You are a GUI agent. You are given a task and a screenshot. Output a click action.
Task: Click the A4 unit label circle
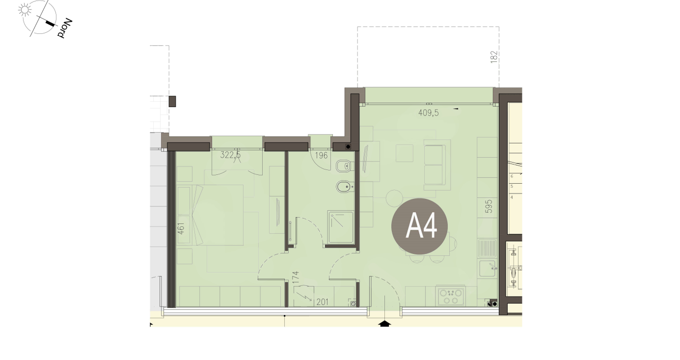419,226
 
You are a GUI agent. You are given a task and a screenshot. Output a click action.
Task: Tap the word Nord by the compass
65,28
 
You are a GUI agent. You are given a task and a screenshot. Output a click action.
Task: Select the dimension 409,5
428,113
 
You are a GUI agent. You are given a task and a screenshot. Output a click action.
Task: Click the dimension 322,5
230,155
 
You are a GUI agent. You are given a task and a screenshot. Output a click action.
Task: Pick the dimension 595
489,206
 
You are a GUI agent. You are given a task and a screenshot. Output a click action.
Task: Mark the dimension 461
181,228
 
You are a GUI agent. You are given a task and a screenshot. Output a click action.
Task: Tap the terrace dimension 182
494,57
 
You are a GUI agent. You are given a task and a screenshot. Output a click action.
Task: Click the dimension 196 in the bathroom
321,155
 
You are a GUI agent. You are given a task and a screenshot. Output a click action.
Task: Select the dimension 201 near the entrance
323,302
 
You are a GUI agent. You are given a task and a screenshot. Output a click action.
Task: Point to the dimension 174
296,277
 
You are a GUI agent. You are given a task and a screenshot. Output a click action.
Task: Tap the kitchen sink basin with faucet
488,268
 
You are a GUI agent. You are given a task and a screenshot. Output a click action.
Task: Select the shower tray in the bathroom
341,227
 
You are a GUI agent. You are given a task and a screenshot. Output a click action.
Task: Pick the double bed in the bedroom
210,215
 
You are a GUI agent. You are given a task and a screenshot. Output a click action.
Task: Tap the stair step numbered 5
512,186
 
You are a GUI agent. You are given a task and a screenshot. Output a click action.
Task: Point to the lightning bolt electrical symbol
303,296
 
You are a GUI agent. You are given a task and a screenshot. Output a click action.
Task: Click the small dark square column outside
172,101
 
